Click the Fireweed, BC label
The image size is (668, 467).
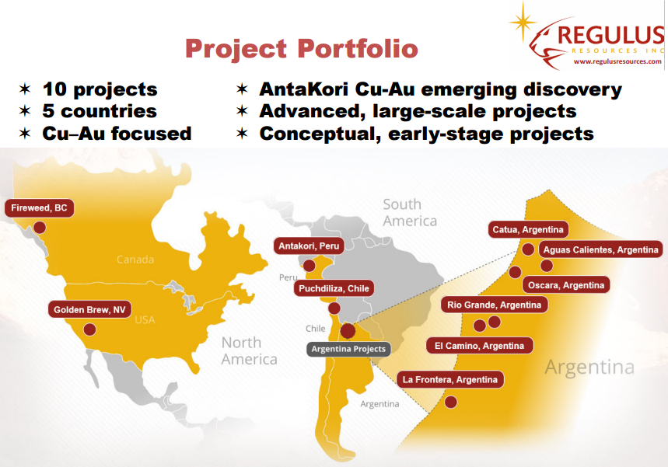(39, 208)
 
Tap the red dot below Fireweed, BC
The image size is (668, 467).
(40, 228)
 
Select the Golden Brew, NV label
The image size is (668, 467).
(89, 309)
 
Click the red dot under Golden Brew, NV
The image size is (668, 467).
(89, 329)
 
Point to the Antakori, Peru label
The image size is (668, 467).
(309, 246)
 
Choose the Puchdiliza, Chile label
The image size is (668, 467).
(334, 288)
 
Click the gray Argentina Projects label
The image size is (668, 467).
(348, 349)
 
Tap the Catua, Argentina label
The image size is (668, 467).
(528, 230)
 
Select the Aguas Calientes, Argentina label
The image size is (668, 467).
(600, 250)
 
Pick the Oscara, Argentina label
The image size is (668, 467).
(566, 285)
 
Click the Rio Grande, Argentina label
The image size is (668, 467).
(494, 305)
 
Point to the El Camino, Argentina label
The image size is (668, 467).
(480, 346)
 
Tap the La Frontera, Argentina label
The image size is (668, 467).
(450, 380)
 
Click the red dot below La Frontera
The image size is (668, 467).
(451, 402)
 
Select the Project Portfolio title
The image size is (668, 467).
(302, 48)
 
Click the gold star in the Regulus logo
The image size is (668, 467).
(523, 21)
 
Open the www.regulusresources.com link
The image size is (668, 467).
(617, 61)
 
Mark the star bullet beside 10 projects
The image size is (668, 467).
(25, 89)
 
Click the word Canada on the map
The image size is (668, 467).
(135, 260)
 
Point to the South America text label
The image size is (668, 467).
(410, 213)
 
